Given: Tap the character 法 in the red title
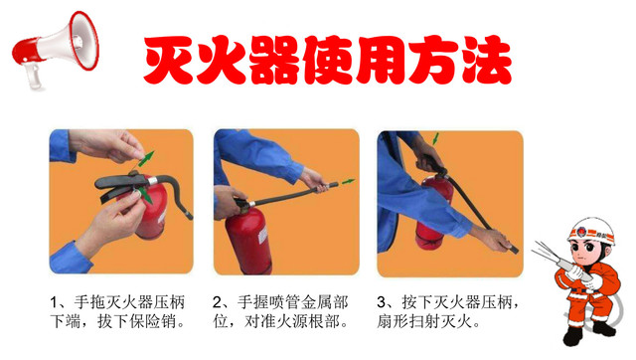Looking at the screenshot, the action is coord(487,60).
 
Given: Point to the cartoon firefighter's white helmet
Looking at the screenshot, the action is coord(591,231).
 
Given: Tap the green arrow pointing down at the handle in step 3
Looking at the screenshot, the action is coord(435,138).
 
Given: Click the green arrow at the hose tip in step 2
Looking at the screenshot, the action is coord(348,181).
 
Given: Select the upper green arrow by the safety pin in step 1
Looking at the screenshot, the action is coord(146,159).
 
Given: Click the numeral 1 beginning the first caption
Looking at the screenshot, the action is coord(54,302).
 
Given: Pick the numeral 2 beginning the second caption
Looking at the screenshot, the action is coord(218,302).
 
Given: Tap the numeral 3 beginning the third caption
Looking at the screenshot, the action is coord(381,302).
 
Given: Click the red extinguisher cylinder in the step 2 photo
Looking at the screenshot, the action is coord(248,241).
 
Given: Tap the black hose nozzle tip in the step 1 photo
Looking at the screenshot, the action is coord(188,214).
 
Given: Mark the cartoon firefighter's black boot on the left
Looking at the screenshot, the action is coord(572,336).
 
